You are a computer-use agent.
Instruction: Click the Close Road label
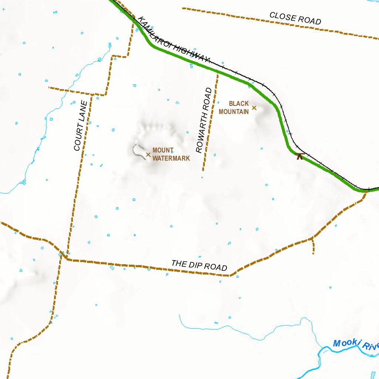point(295,19)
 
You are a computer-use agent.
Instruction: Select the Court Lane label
point(80,126)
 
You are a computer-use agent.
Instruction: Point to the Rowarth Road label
point(204,120)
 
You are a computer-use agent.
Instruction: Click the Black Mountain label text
point(234,107)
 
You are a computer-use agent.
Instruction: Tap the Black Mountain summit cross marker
point(254,108)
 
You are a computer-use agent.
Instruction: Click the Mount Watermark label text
point(171,154)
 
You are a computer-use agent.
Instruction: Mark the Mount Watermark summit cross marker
point(148,154)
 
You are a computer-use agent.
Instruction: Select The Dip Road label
point(199,265)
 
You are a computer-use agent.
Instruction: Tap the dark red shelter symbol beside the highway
point(300,156)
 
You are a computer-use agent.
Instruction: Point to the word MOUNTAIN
point(234,111)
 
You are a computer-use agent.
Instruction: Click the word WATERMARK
point(171,158)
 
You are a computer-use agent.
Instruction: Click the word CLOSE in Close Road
point(283,17)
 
